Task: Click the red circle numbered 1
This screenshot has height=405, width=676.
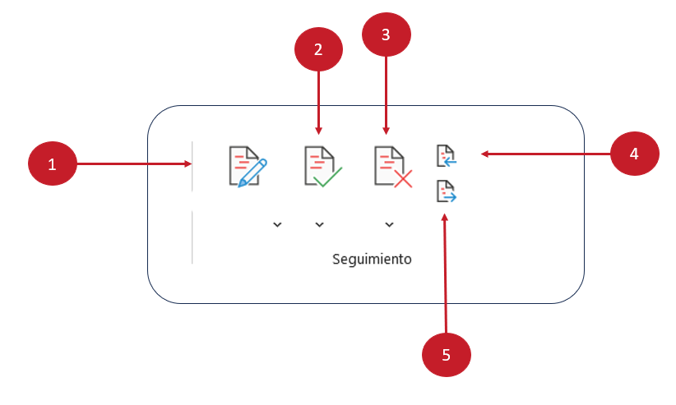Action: (52, 164)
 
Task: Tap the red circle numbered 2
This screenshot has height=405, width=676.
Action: (318, 48)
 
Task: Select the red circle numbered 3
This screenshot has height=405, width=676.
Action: (386, 35)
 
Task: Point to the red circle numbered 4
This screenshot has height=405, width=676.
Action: (635, 153)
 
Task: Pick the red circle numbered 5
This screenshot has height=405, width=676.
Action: (446, 355)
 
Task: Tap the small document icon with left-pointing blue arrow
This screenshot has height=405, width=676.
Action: (446, 154)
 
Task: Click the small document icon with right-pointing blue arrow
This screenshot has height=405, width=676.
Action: (446, 191)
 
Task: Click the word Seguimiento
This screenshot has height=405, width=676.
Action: (372, 259)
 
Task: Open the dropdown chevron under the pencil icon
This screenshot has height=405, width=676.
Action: (277, 224)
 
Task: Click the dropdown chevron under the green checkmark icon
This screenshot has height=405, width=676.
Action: (320, 224)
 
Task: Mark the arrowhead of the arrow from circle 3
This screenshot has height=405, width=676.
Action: (386, 131)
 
